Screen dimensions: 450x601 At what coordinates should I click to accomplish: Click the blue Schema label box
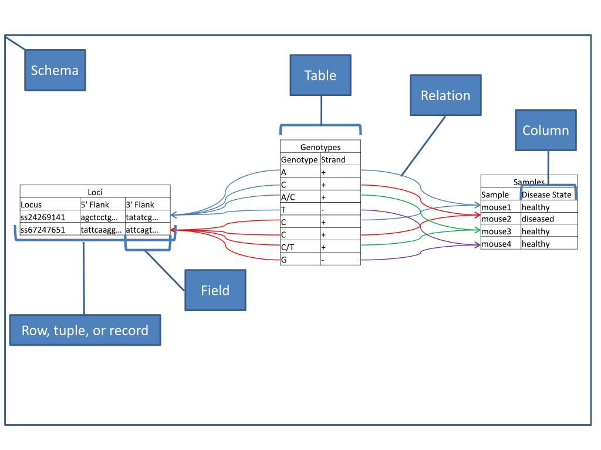[55, 70]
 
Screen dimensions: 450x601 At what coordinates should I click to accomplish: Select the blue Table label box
[320, 76]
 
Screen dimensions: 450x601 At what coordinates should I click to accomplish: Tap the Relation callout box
[445, 96]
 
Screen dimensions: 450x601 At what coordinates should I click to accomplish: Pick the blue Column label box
[545, 130]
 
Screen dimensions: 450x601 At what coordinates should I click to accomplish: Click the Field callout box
[215, 290]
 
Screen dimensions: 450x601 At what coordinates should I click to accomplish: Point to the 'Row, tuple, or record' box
[85, 330]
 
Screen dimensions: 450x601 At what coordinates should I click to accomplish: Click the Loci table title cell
[95, 192]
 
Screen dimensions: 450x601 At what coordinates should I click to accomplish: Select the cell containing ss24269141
[49, 217]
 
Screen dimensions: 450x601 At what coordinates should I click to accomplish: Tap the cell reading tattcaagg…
[102, 229]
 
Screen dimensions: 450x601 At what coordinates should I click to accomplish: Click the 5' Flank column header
[102, 204]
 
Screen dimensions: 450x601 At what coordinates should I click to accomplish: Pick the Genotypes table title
[320, 147]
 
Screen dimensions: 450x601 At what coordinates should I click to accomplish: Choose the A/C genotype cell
[300, 197]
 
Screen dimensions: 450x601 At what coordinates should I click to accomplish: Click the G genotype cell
[300, 260]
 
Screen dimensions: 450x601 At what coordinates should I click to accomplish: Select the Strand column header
[340, 159]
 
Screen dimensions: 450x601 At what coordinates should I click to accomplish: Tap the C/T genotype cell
[300, 247]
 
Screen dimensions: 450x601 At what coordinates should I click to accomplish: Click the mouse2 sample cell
[500, 219]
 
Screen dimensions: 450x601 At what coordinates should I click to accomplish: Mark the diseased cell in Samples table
[548, 219]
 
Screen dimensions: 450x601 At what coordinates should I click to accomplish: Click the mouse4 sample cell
[500, 244]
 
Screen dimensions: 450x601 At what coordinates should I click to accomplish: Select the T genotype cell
[300, 210]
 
